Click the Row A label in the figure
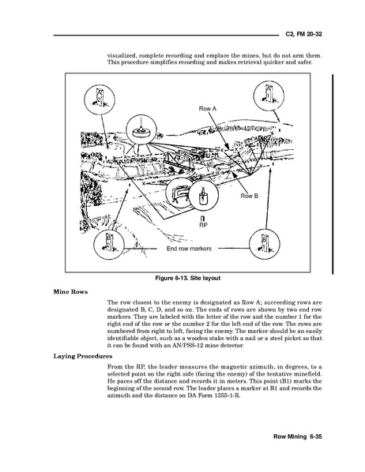click(207, 109)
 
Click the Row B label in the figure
click(250, 196)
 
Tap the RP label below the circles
click(204, 225)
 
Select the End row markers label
click(189, 249)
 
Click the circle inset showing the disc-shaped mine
click(141, 129)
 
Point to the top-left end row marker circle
click(100, 99)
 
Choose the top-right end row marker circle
click(269, 96)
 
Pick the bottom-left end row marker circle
click(108, 245)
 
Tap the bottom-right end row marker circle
click(265, 244)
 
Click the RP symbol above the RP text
click(204, 219)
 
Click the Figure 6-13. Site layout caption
click(188, 278)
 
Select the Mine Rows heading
click(70, 292)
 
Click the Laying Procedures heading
click(83, 357)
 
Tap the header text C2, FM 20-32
click(303, 34)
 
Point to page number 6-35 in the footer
click(316, 436)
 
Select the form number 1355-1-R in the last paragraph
click(227, 395)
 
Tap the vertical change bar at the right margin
click(333, 174)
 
